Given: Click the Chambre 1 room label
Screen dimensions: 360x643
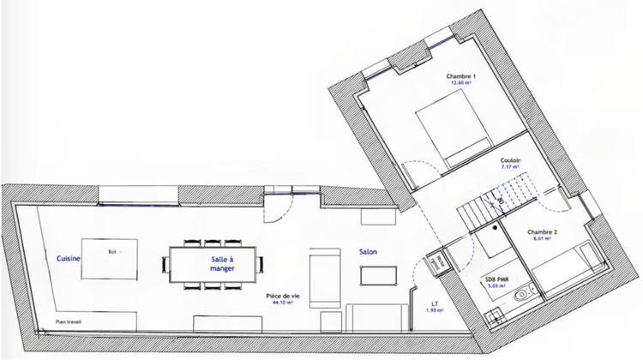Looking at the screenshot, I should click(x=461, y=76).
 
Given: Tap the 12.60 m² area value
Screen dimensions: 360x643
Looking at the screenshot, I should click(x=461, y=84).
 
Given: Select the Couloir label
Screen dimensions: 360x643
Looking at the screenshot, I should click(x=511, y=160).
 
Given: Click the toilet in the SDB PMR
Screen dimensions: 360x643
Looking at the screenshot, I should click(x=520, y=294).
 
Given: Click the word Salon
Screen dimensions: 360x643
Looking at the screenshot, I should click(x=368, y=252).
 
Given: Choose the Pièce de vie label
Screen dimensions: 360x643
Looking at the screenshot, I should click(x=282, y=295).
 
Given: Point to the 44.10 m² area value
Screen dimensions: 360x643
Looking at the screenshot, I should click(x=282, y=303).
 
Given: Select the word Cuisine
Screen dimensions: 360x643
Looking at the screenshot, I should click(x=69, y=257).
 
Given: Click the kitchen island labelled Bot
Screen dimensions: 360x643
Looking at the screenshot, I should click(x=110, y=258).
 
